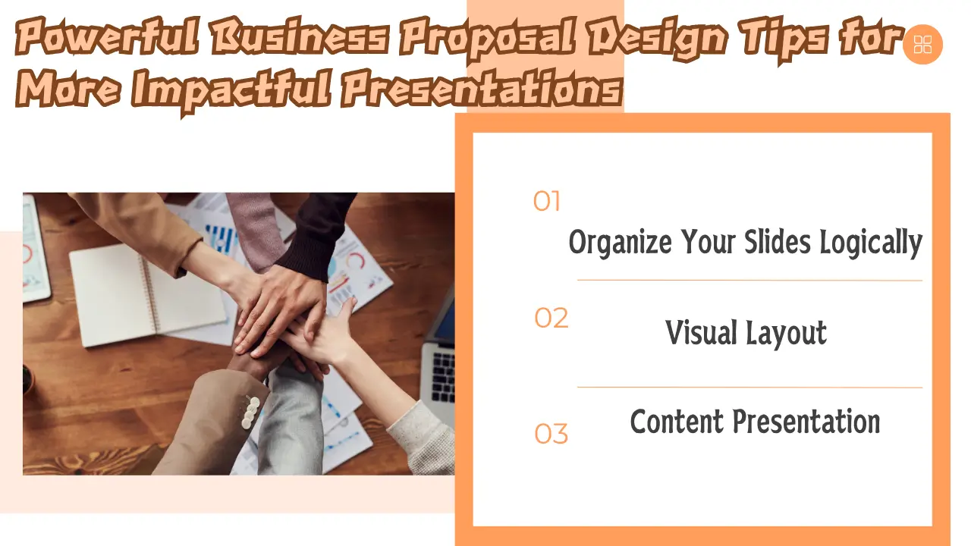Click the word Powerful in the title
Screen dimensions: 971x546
(x=108, y=36)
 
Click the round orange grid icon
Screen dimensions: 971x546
(x=922, y=44)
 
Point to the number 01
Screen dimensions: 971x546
(x=547, y=201)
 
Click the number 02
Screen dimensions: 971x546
(x=551, y=318)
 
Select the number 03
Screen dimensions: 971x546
(x=551, y=434)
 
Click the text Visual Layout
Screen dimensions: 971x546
(x=746, y=333)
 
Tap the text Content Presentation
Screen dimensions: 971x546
(x=755, y=421)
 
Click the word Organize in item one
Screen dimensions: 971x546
(x=621, y=242)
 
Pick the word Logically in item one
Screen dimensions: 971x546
(x=871, y=242)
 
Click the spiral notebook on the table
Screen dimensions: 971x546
(x=147, y=295)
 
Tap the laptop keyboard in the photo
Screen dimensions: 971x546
(x=444, y=376)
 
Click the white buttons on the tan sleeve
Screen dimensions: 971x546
(x=250, y=413)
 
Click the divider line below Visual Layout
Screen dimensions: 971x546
(x=750, y=388)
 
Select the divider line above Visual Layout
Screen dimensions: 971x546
(x=750, y=281)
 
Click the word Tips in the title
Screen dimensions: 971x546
(x=784, y=38)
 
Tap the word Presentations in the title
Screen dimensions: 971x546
(x=482, y=89)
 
